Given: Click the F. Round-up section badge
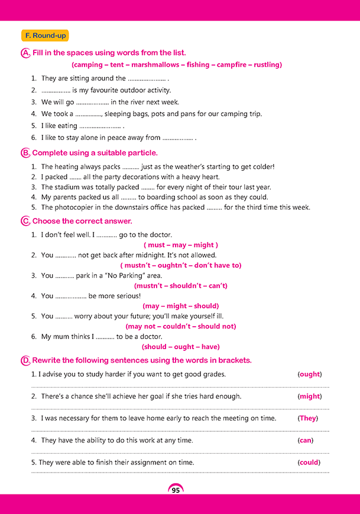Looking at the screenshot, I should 44,36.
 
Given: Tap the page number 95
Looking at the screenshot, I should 176,490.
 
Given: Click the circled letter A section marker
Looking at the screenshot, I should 25,53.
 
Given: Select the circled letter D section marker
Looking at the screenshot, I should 25,360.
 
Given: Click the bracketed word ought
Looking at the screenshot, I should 309,375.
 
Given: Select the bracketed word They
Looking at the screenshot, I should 308,418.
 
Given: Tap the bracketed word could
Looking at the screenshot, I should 309,463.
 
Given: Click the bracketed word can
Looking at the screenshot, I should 305,440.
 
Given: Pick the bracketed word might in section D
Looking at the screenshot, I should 309,396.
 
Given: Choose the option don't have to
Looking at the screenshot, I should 218,265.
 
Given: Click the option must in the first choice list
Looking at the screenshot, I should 157,245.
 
